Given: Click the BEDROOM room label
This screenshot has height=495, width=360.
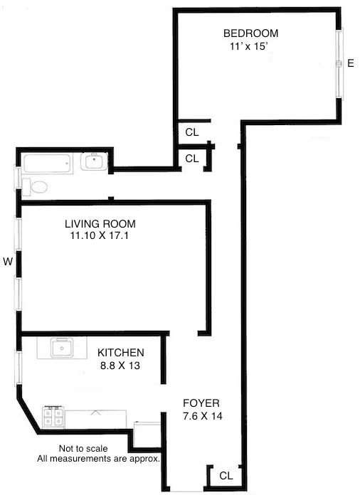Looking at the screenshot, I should [250, 33].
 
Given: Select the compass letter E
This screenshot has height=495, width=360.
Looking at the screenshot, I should [350, 64].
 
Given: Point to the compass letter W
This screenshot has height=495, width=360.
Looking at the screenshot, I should [8, 262].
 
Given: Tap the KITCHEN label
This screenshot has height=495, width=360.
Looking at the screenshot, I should [121, 353].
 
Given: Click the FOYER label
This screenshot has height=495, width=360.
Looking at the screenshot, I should [202, 403].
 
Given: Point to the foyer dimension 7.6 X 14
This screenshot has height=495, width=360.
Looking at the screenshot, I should [203, 416].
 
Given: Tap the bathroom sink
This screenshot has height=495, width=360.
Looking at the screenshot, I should [92, 162].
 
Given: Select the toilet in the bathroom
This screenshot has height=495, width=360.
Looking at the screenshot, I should [35, 187].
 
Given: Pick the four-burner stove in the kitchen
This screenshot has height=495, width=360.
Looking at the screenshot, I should [53, 416].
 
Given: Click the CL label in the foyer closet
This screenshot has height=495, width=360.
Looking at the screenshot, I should [226, 475].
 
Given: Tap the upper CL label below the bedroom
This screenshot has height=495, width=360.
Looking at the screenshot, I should [192, 132].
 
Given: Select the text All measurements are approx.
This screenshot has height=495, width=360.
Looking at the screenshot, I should [99, 459].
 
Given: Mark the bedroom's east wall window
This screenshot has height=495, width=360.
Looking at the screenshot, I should [340, 63].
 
